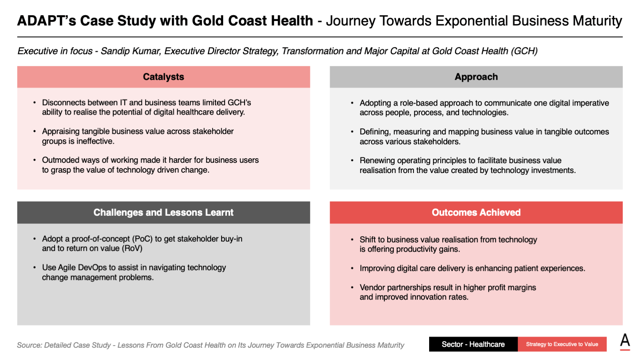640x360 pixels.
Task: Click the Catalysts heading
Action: [164, 77]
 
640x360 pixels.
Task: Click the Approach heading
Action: [476, 77]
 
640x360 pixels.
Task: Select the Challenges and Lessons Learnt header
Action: [164, 212]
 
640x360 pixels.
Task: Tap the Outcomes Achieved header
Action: [476, 212]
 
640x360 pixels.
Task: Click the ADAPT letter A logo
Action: [625, 342]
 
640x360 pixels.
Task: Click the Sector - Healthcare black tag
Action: [473, 344]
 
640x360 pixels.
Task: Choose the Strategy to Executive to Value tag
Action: [562, 344]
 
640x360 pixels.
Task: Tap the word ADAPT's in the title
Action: [46, 21]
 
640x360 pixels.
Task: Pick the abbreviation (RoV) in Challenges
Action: [132, 248]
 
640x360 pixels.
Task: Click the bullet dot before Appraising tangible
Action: [34, 132]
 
